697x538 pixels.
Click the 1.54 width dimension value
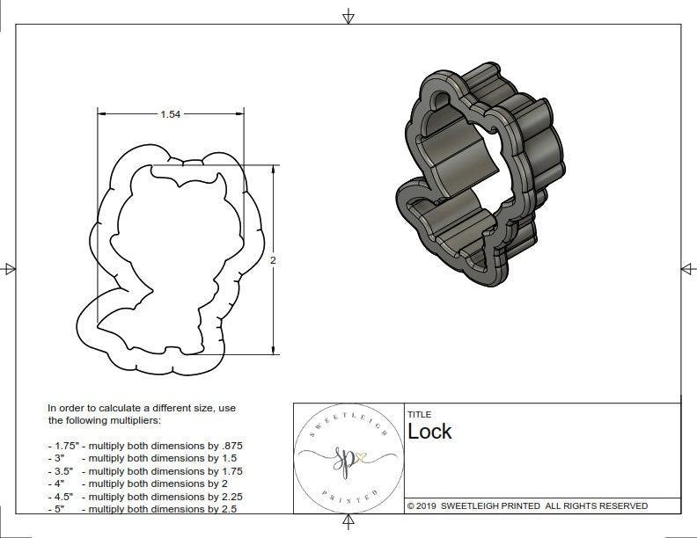point(171,114)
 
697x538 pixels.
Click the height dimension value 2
point(273,260)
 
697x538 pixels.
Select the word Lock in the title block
point(429,431)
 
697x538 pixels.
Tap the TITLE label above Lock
point(418,414)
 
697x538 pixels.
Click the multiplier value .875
point(227,446)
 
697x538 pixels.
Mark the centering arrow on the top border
point(348,16)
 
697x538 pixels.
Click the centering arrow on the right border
point(687,268)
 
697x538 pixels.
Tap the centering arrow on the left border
point(9,268)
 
